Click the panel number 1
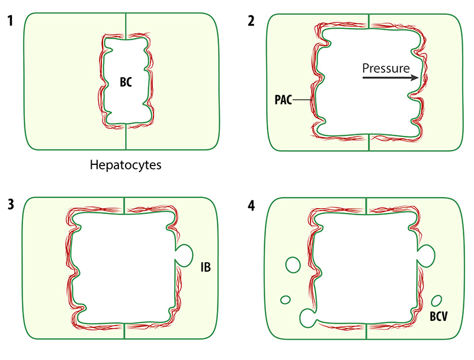pyautogui.click(x=9, y=20)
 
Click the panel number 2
pyautogui.click(x=252, y=20)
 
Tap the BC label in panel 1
pyautogui.click(x=126, y=83)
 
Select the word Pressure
pyautogui.click(x=386, y=68)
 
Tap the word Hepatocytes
pyautogui.click(x=126, y=165)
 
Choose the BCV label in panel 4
pyautogui.click(x=438, y=317)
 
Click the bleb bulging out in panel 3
pyautogui.click(x=186, y=256)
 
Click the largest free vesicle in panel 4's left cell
pyautogui.click(x=292, y=264)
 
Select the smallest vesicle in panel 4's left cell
pyautogui.click(x=285, y=300)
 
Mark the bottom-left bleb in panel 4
pyautogui.click(x=308, y=318)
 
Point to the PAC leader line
pyautogui.click(x=301, y=100)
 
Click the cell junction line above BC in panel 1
pyautogui.click(x=126, y=24)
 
